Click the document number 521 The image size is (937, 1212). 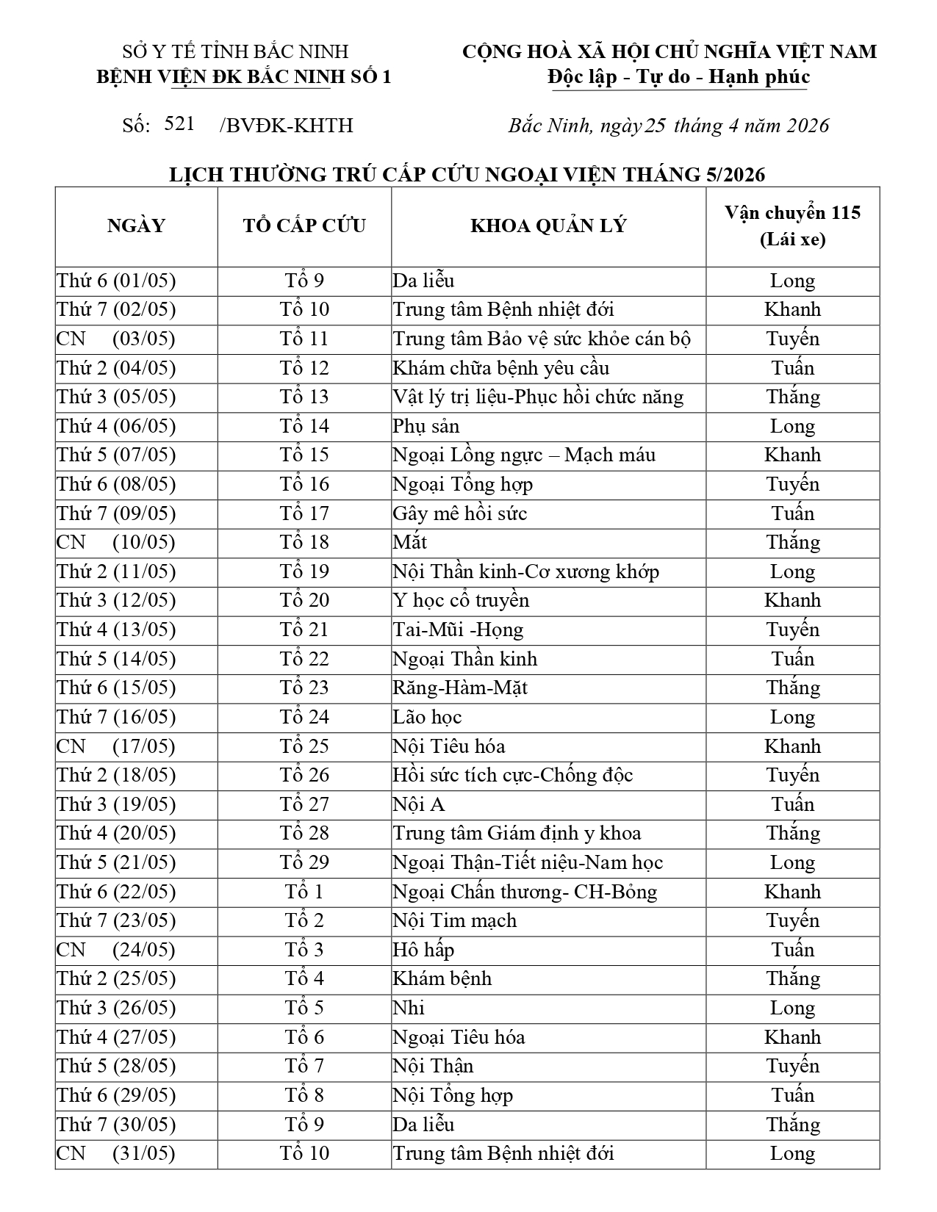coord(179,123)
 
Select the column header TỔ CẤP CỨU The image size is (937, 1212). coord(304,226)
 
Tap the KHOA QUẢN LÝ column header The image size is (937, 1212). coord(548,226)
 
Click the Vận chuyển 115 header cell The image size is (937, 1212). coord(792,226)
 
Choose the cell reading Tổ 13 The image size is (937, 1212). coord(304,397)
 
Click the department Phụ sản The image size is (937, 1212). coord(426,426)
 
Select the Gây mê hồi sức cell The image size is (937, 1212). coord(460,513)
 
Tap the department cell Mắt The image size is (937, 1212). coord(410,542)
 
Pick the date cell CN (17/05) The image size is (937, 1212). coord(116,746)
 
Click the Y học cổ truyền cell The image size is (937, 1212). coord(461,600)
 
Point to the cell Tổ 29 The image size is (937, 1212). coord(304,862)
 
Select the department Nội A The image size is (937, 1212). coord(419,804)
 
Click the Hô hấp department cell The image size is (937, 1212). coord(423,950)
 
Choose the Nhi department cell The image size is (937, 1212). coord(409,1008)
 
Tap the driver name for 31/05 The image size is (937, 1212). coord(792,1153)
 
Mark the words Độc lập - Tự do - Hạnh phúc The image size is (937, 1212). coord(679,77)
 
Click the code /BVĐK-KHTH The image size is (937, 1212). coord(286,126)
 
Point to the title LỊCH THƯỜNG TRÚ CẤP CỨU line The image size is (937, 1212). coord(467,174)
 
